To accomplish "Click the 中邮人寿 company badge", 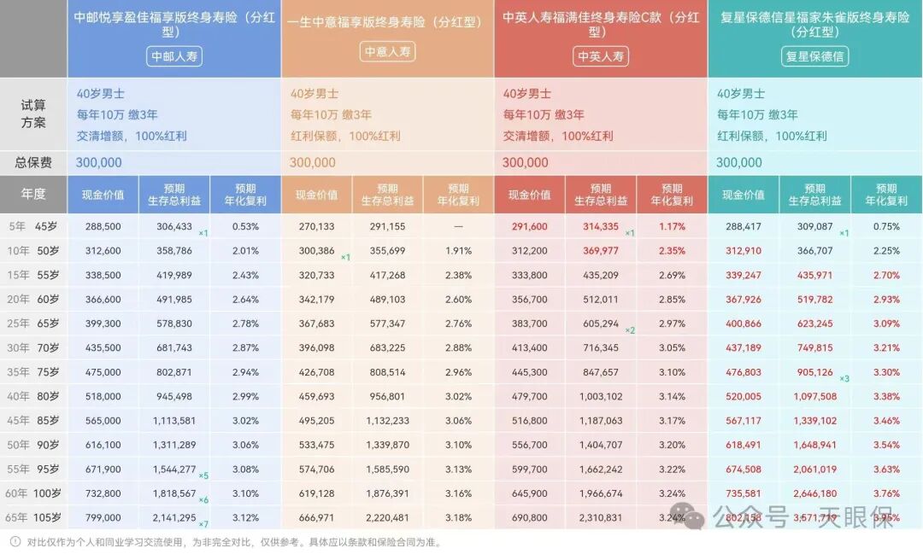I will (x=174, y=56).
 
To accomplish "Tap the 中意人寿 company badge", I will (x=387, y=51).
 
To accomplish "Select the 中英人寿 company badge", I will (x=601, y=56).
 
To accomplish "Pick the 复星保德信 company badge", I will (x=814, y=56).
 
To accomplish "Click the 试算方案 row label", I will (x=33, y=114).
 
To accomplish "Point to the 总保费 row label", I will (x=33, y=162).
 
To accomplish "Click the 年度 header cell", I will (x=33, y=195).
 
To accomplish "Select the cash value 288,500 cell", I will (x=103, y=227).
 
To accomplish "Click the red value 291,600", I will (x=529, y=227).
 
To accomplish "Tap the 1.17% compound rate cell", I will (x=672, y=227).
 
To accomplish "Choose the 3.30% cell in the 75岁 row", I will (x=885, y=372).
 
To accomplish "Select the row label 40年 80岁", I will (x=33, y=396).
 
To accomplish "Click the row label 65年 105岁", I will (x=33, y=517).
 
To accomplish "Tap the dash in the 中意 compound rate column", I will (x=458, y=227).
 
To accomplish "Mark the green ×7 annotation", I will (x=203, y=523).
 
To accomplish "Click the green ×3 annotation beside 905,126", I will (x=844, y=378).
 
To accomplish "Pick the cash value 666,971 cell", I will (x=316, y=517).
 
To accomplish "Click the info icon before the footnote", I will (x=15, y=541).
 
